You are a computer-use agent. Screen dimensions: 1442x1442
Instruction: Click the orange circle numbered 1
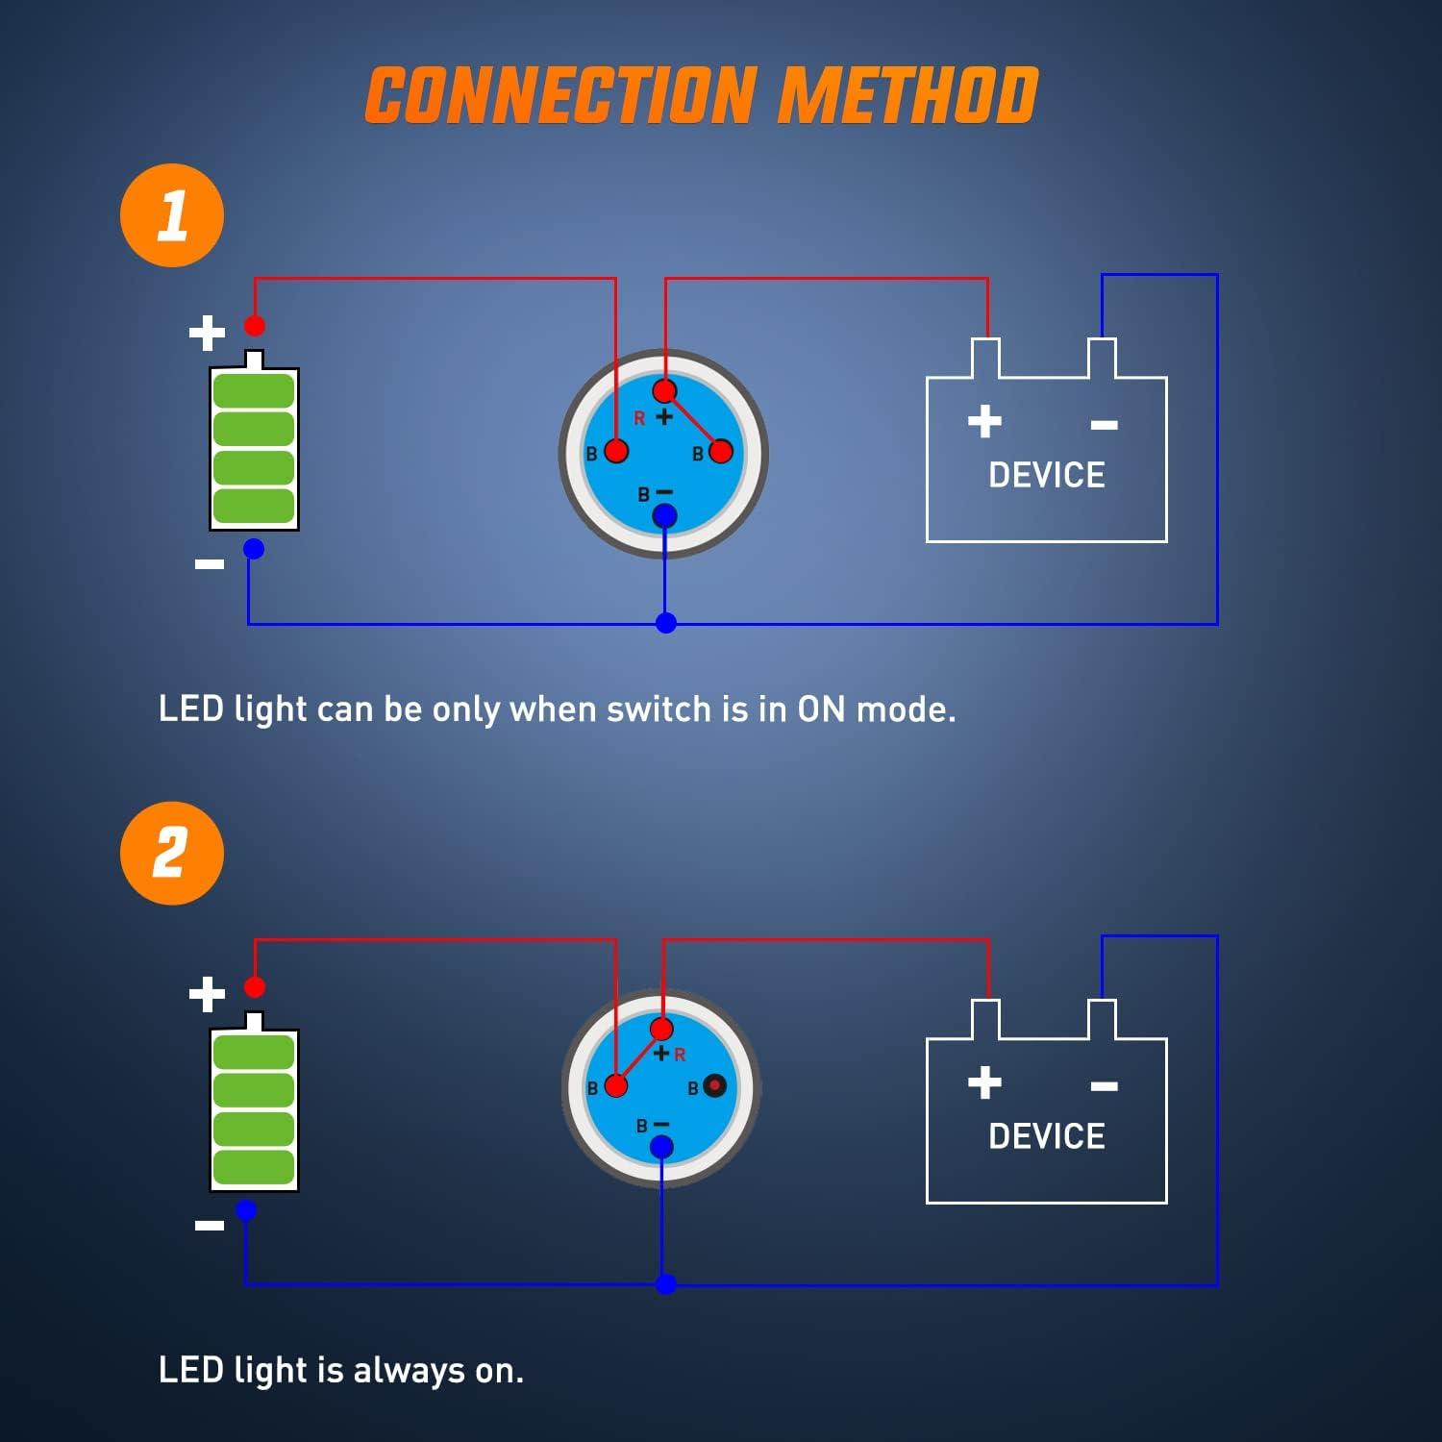[x=172, y=215]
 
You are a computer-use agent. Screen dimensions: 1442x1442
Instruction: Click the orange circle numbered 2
[x=172, y=853]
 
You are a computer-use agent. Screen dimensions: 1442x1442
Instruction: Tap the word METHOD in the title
[x=907, y=96]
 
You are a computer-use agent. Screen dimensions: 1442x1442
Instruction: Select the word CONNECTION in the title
[x=560, y=96]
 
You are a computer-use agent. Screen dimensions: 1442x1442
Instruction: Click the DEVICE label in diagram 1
[x=1047, y=475]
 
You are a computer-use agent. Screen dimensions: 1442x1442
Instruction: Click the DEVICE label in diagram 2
[x=1047, y=1136]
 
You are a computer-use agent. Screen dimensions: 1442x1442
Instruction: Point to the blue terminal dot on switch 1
[x=664, y=516]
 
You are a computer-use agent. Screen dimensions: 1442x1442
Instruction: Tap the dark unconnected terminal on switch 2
[x=714, y=1086]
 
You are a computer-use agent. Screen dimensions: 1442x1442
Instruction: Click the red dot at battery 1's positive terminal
[x=255, y=325]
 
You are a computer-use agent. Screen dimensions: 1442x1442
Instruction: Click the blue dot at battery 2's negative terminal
[x=246, y=1210]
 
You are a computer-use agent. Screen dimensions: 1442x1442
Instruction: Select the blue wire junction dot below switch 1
[x=666, y=623]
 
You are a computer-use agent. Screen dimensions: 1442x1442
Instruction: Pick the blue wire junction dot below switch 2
[x=666, y=1284]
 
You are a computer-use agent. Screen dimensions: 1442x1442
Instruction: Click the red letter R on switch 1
[x=639, y=418]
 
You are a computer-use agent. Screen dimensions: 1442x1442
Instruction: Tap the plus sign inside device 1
[x=984, y=421]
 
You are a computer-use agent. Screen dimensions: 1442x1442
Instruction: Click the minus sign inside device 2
[x=1105, y=1086]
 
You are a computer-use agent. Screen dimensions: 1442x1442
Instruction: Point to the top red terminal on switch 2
[x=661, y=1030]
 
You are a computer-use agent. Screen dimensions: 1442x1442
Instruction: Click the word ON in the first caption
[x=821, y=709]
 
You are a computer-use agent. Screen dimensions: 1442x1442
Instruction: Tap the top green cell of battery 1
[x=254, y=391]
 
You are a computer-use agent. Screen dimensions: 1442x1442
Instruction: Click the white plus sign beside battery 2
[x=207, y=994]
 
